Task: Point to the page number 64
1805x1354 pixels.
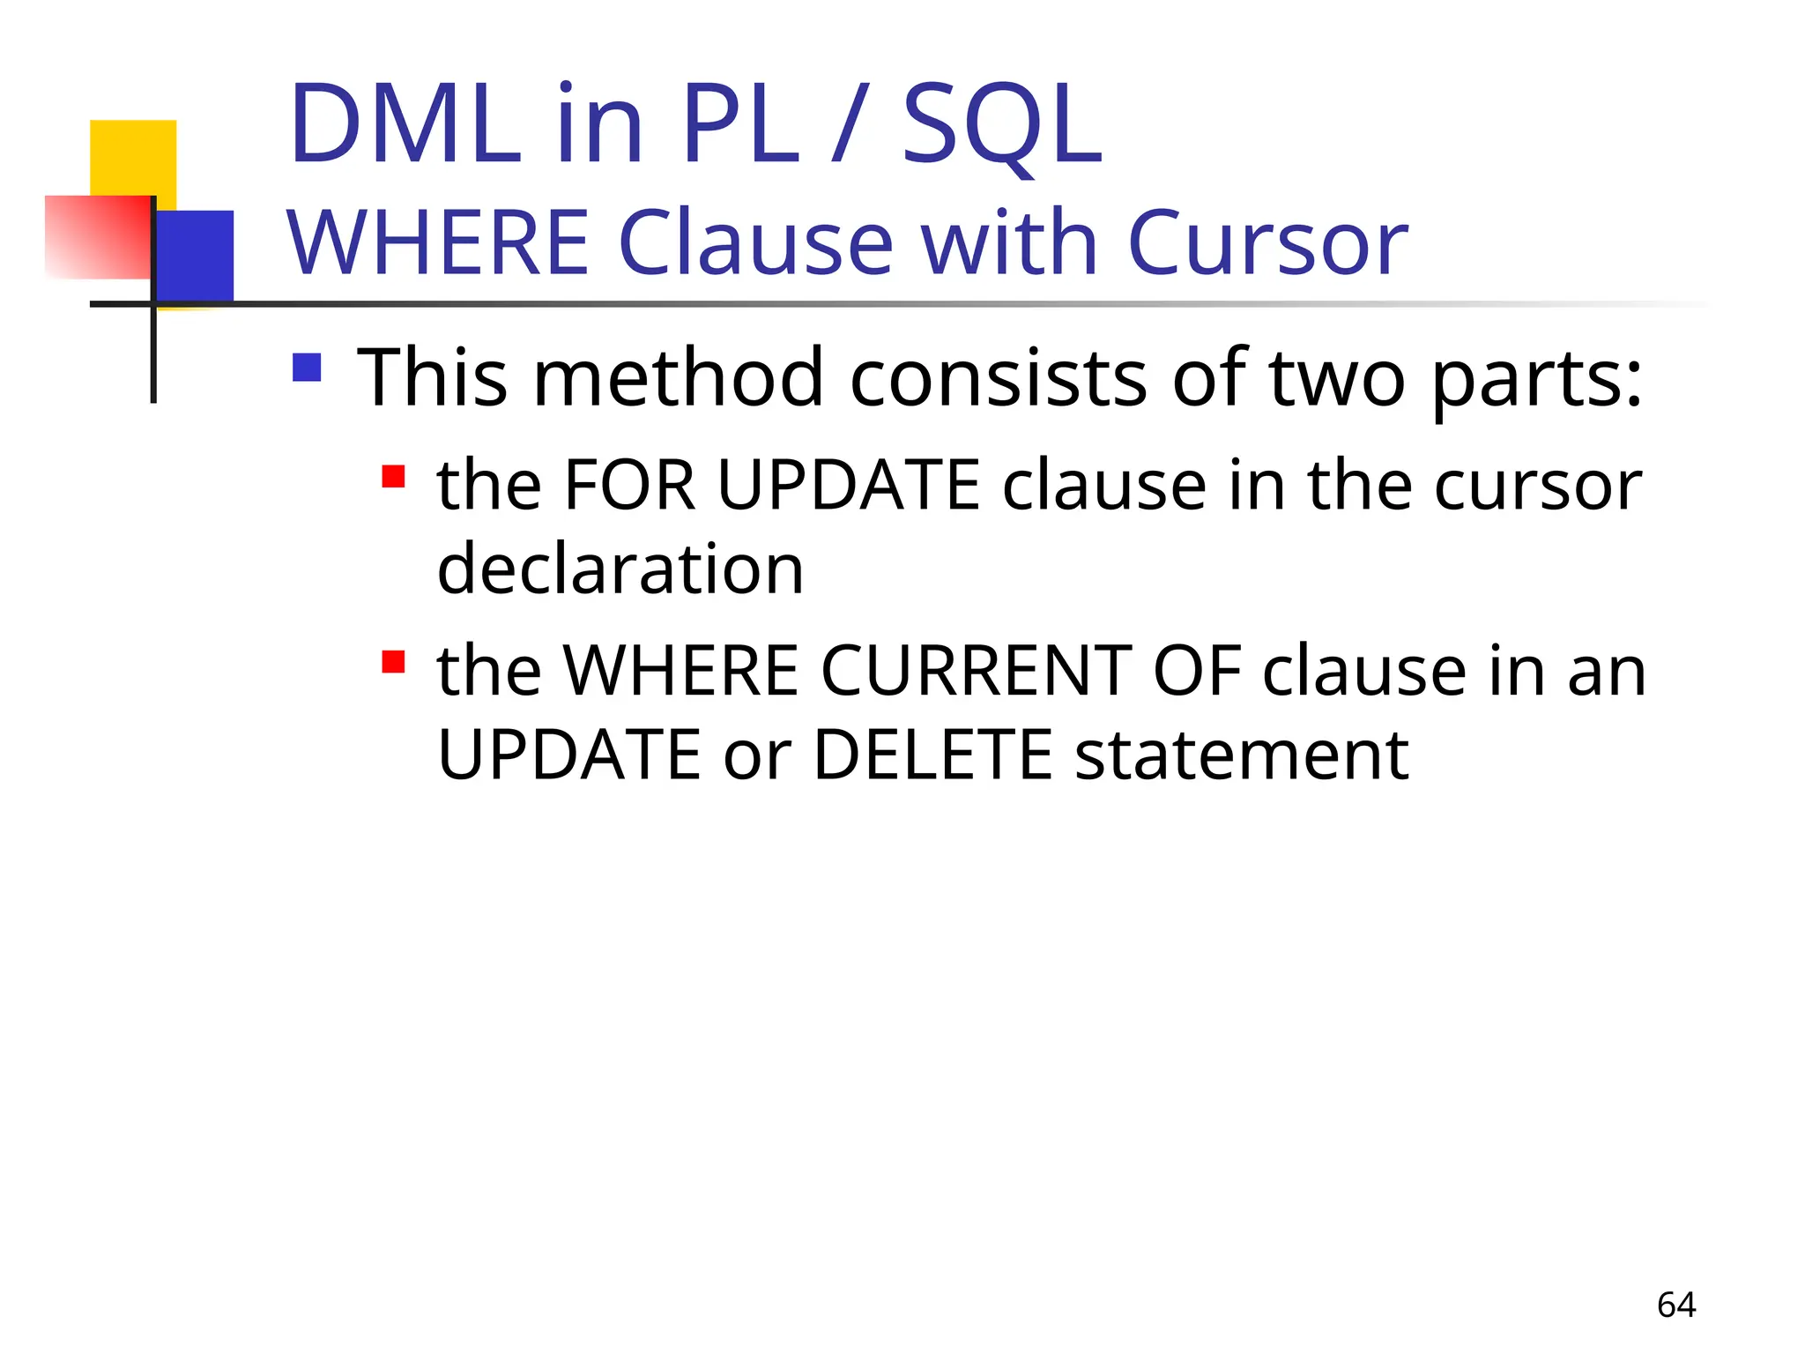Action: click(x=1676, y=1305)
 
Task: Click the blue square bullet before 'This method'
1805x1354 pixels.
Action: click(x=307, y=368)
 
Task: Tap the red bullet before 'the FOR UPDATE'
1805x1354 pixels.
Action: click(x=393, y=477)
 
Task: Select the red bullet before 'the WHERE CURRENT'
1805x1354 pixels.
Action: click(x=393, y=661)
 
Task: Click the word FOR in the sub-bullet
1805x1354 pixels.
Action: click(x=629, y=486)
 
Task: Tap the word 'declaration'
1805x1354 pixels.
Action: click(x=620, y=569)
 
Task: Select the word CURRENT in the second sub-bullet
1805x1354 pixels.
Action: click(x=977, y=671)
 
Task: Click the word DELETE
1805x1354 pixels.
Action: click(x=932, y=755)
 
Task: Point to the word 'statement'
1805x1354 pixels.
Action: click(x=1241, y=755)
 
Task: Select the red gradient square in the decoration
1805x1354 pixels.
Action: click(x=98, y=237)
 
